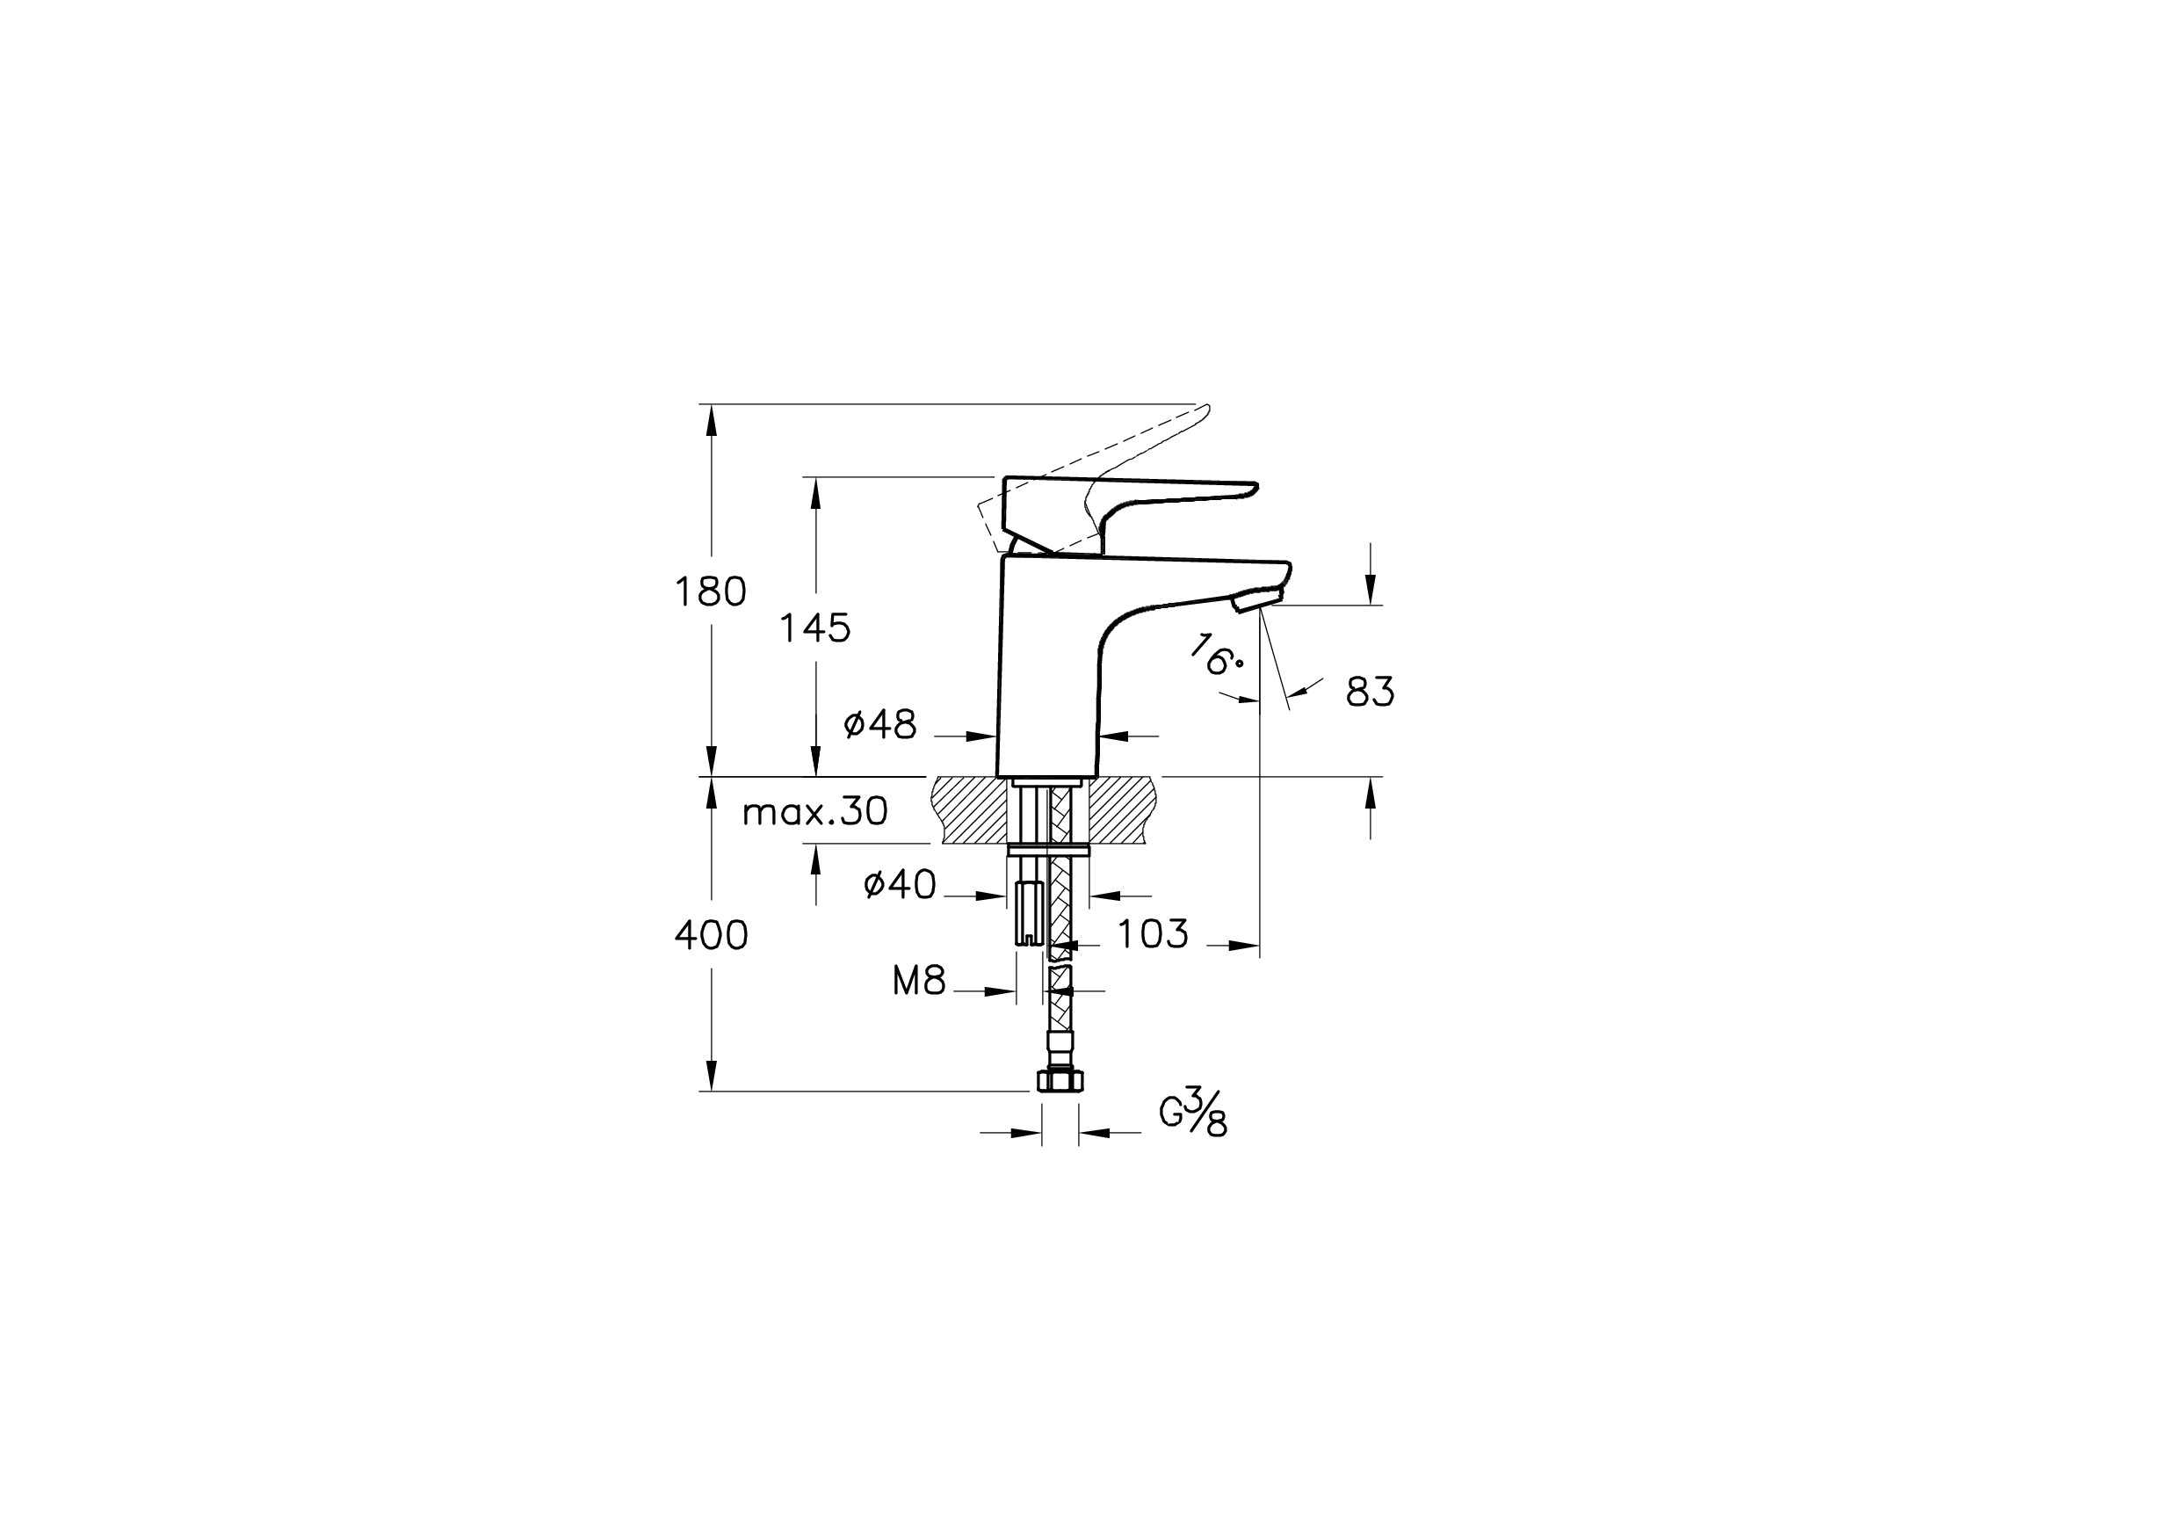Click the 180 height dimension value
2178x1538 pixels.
711,592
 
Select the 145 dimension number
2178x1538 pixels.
814,628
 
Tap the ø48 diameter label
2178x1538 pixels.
880,726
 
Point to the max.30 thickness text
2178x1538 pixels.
814,812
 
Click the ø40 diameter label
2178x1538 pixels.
901,885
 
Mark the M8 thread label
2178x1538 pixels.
919,982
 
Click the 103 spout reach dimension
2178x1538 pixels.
1153,934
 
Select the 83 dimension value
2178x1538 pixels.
1371,693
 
